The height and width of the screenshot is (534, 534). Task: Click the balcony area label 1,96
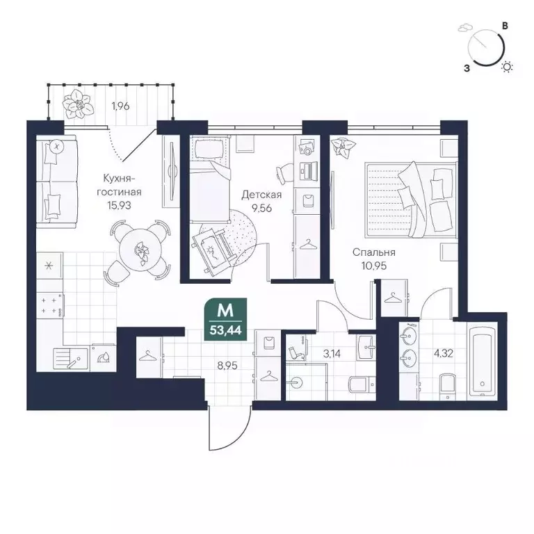[120, 106]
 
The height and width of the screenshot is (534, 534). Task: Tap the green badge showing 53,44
[225, 319]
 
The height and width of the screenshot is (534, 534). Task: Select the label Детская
[261, 195]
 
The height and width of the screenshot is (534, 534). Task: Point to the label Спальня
[373, 252]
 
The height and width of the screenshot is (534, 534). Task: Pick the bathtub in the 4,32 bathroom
[483, 361]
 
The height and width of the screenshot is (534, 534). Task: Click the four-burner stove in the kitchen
[50, 305]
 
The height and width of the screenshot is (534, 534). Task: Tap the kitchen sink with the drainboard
[71, 359]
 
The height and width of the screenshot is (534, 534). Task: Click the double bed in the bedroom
[410, 200]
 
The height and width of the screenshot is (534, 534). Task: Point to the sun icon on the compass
[507, 67]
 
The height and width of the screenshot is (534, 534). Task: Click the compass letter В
[505, 26]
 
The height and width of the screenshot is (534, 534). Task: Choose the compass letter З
[467, 68]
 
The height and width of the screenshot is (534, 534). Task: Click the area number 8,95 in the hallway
[227, 366]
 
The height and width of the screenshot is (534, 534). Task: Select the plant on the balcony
[79, 104]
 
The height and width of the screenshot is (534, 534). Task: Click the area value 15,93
[119, 205]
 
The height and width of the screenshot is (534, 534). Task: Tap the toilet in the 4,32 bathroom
[447, 387]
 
